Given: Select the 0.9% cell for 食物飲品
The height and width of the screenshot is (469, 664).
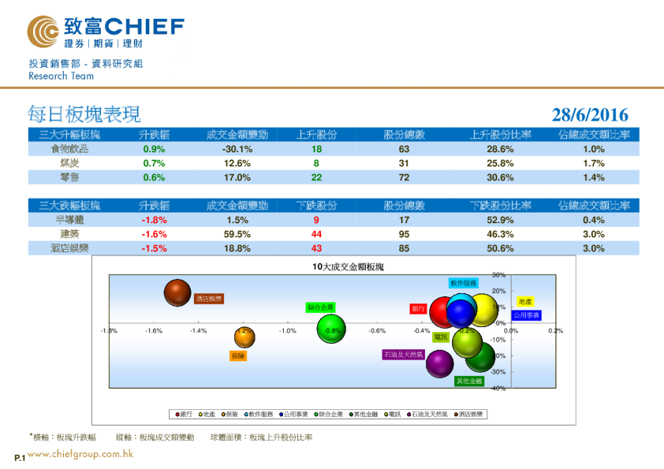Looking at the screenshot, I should click(x=154, y=149).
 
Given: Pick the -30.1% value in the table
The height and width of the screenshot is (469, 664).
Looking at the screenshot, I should click(x=237, y=149).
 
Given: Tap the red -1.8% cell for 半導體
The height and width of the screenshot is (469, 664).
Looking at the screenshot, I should click(x=154, y=220).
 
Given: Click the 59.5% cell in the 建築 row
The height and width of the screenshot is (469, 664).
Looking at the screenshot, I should click(x=237, y=234).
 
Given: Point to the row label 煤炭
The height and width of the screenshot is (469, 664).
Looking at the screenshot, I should click(x=70, y=163).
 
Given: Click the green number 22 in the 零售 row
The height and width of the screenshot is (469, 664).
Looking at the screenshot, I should click(x=316, y=177).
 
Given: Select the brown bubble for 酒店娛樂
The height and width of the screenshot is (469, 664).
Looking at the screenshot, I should click(x=179, y=293).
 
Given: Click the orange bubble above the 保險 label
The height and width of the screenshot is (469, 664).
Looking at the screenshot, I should click(x=244, y=337).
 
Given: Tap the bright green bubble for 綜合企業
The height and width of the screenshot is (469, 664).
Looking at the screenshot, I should click(x=331, y=329).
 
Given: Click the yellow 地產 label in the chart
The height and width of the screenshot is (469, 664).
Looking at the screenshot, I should click(x=524, y=302).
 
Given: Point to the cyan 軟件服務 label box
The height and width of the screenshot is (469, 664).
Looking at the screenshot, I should click(x=464, y=282).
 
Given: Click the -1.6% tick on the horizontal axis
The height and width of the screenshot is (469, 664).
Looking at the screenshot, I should click(x=154, y=331).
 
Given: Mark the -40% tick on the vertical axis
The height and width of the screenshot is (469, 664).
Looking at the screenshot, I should click(x=498, y=389).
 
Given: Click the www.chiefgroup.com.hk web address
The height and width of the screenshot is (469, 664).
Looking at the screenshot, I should click(x=80, y=454).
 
